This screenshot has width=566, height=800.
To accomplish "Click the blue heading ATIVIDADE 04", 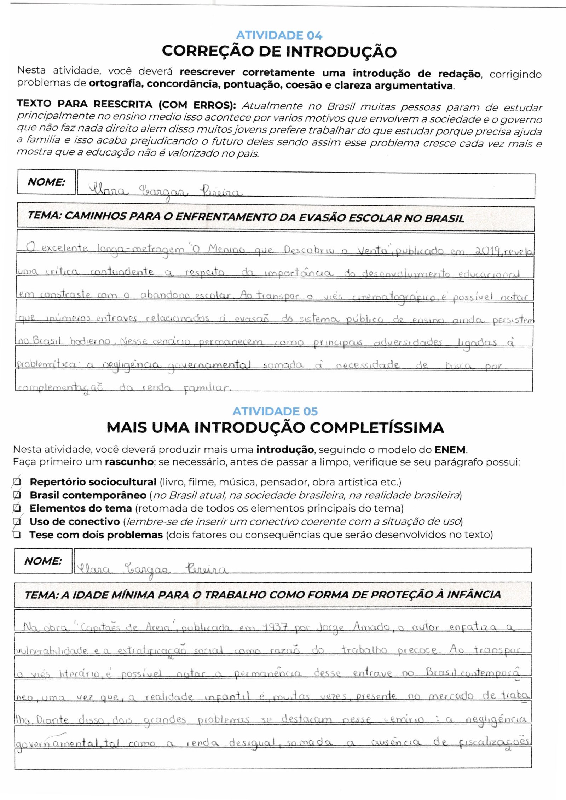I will (279, 35).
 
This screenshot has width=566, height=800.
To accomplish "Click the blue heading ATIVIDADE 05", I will (275, 411).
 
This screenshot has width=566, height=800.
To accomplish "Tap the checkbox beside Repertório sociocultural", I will (17, 482).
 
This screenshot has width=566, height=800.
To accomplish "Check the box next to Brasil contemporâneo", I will (17, 495).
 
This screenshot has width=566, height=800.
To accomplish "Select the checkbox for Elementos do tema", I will (17, 508).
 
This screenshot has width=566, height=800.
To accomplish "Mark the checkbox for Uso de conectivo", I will (17, 521).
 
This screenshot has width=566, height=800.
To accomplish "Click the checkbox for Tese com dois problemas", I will (17, 535).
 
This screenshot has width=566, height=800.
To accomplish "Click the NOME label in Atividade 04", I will (46, 182).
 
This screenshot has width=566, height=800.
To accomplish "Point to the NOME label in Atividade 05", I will (43, 561).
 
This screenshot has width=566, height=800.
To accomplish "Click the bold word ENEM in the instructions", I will (450, 450).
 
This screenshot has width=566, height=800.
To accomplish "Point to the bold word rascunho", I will (129, 462).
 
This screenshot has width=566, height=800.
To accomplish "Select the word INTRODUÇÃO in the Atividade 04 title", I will (341, 52).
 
